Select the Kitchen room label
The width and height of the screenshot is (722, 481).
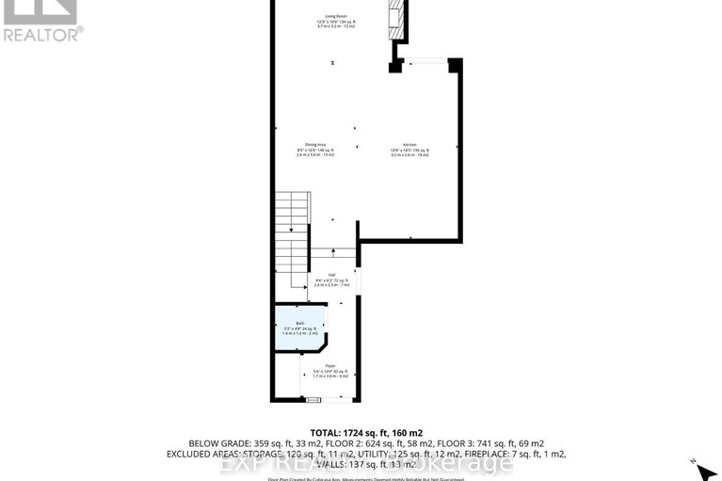[x=410, y=145]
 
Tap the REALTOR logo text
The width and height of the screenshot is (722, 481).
[x=42, y=34]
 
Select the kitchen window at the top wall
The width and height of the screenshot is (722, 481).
[x=430, y=61]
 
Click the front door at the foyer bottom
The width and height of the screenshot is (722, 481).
[x=313, y=400]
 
